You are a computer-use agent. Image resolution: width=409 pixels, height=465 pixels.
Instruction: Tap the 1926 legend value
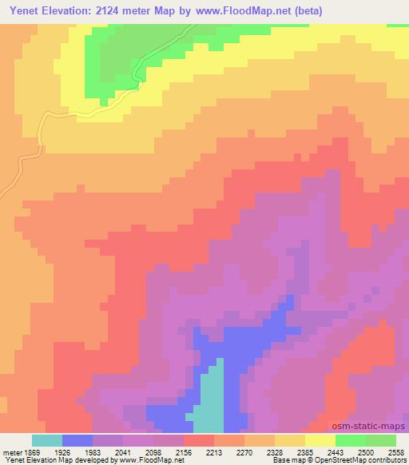click(x=62, y=451)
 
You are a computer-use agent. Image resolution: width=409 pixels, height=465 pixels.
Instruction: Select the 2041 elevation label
click(x=122, y=451)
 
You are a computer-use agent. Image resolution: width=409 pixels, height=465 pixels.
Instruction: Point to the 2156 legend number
click(x=183, y=451)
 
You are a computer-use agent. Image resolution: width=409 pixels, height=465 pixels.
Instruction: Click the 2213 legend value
click(x=213, y=451)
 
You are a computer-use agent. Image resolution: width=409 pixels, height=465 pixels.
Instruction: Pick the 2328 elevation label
click(x=274, y=451)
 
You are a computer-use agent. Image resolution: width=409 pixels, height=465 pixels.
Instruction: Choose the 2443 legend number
click(x=335, y=451)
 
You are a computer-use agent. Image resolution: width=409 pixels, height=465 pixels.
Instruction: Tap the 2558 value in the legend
click(x=395, y=451)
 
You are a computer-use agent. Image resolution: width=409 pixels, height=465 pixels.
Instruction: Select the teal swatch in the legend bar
click(x=46, y=440)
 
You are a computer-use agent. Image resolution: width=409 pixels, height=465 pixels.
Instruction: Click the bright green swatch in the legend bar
click(x=350, y=440)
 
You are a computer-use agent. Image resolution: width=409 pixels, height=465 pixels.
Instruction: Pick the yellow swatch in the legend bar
click(x=320, y=440)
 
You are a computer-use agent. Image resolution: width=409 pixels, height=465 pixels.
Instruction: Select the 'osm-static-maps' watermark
click(x=370, y=427)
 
